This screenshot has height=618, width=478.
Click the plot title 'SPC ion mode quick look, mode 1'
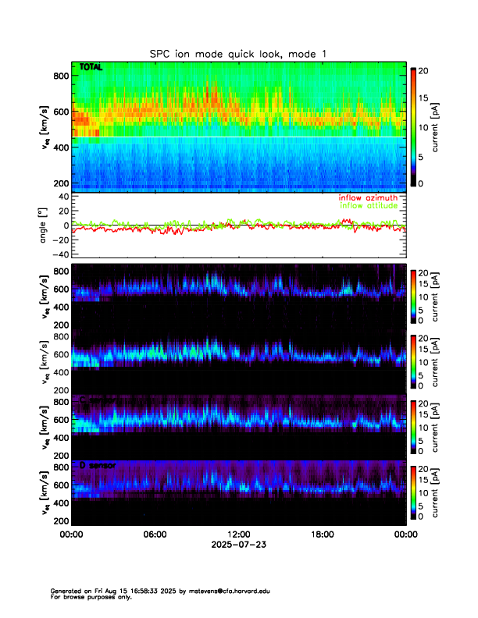coord(238,54)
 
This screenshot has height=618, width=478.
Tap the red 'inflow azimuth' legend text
coord(368,198)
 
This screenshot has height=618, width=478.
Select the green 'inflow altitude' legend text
coord(369,206)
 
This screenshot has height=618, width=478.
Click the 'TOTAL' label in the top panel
coord(91,68)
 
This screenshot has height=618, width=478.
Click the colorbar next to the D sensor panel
coord(414,491)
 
